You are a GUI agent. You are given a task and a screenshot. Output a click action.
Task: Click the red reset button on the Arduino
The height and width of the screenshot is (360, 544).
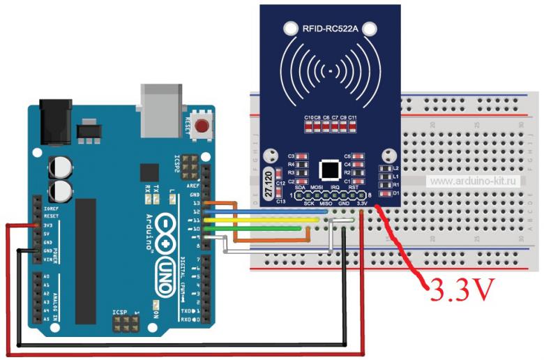(x=203, y=127)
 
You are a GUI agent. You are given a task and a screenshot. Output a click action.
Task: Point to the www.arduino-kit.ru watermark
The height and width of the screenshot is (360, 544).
(x=476, y=181)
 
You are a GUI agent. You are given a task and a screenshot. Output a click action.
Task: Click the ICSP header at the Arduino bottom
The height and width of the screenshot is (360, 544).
(x=126, y=322)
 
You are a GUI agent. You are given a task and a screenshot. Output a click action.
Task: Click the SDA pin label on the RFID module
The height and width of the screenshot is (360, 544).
(x=300, y=188)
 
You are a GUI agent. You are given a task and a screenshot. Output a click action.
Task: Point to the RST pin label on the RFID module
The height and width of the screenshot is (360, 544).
(x=354, y=188)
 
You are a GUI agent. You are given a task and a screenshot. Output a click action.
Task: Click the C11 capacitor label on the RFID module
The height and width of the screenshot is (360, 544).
(x=352, y=117)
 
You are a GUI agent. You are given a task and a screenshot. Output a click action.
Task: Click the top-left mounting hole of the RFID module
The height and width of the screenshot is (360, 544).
(x=290, y=29)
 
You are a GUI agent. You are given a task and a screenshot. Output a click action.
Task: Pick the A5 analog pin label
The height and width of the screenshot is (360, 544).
(x=46, y=319)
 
